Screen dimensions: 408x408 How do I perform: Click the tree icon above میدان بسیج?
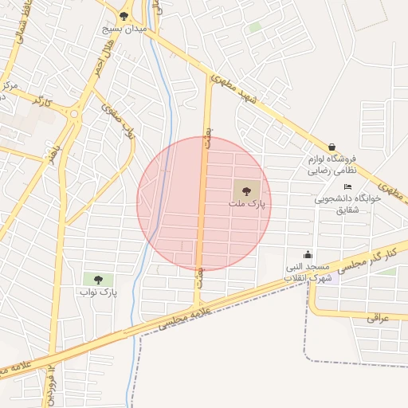[124, 15]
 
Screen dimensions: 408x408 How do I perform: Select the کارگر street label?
[41, 101]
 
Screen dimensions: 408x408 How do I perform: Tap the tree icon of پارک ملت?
[246, 190]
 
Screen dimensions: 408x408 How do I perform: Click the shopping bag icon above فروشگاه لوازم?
[331, 147]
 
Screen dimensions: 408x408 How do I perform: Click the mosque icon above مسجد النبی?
[308, 254]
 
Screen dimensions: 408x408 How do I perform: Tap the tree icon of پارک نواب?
[98, 279]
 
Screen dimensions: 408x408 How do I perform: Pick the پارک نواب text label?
[98, 292]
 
